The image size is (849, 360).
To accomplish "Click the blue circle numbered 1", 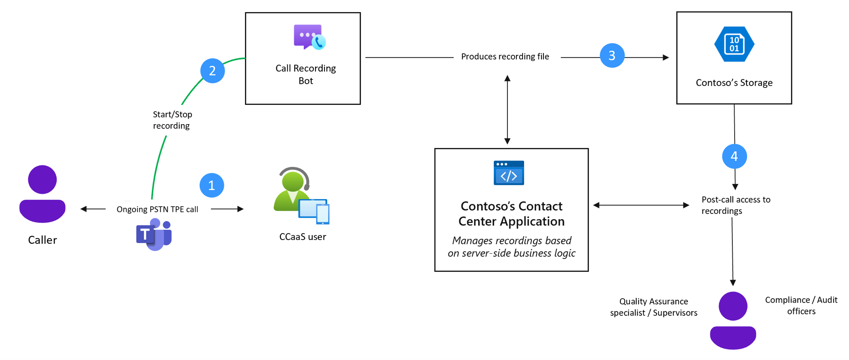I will click(212, 185).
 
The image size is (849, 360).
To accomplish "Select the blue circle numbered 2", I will click(212, 71).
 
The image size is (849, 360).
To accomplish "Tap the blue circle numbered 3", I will click(612, 56).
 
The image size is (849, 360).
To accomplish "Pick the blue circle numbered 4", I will click(734, 156).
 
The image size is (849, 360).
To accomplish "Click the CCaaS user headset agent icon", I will click(301, 195).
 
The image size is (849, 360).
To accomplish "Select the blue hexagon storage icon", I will click(734, 44).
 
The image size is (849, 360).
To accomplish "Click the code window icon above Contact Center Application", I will click(509, 173).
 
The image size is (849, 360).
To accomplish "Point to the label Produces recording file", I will click(505, 57).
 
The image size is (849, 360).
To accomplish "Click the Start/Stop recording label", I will click(172, 120).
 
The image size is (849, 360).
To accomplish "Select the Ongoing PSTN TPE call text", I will click(157, 209).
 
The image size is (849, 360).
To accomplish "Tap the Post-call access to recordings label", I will click(735, 205).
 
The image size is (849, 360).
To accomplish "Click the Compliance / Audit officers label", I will click(801, 305).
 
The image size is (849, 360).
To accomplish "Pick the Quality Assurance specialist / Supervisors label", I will click(654, 307).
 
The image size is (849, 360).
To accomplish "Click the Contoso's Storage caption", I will click(734, 83).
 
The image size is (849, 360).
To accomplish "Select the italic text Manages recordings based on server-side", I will click(511, 247).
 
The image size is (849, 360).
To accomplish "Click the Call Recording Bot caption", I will click(306, 74).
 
